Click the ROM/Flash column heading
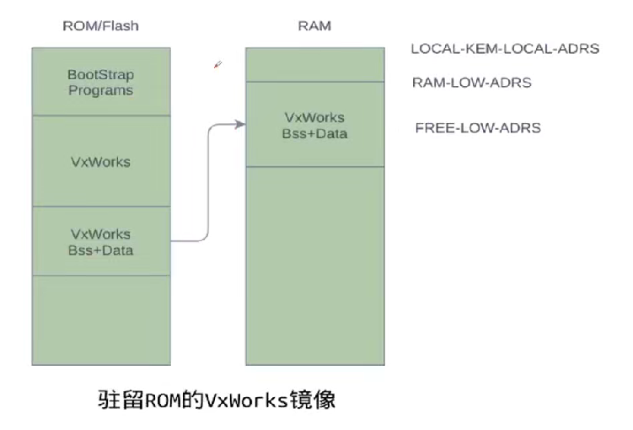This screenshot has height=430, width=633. [100, 26]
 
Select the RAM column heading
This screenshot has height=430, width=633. [314, 26]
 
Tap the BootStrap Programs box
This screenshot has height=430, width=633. [100, 82]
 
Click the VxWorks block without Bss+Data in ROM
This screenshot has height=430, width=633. [100, 161]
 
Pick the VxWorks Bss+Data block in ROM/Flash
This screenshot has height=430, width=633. [100, 241]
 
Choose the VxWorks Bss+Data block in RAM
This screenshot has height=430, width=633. [314, 125]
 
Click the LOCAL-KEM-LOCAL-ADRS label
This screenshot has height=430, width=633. [504, 49]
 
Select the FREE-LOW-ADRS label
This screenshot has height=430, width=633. [478, 128]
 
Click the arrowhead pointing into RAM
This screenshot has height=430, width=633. [240, 124]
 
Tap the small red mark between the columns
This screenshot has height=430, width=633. [217, 65]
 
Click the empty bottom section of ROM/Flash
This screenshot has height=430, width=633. [100, 320]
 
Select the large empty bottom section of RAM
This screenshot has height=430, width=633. [314, 266]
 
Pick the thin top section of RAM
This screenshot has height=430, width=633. [314, 64]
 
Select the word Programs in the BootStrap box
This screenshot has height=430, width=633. [100, 90]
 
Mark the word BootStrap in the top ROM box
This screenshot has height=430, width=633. [100, 75]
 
